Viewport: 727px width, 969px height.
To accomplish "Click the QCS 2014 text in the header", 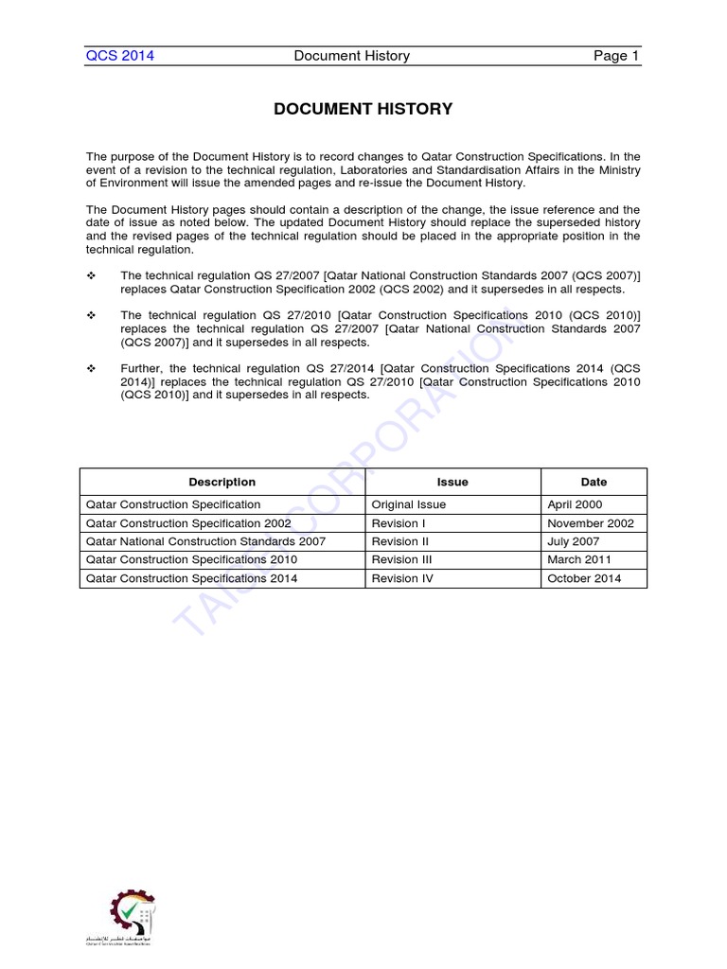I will point(120,56).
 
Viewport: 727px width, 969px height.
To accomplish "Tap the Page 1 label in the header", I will point(616,56).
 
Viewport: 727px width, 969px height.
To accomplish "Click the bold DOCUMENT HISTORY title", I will point(363,110).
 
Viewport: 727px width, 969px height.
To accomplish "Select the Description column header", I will point(222,482).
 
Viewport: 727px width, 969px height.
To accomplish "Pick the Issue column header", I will point(452,482).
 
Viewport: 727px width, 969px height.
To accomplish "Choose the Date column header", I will point(594,482).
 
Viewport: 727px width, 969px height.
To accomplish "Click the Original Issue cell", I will point(409,505).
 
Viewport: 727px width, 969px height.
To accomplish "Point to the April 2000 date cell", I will point(575,505).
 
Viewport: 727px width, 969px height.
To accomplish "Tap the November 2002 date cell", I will point(591,523).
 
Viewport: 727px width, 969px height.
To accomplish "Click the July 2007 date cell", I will point(573,541).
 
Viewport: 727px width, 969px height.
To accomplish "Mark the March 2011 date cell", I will point(579,560).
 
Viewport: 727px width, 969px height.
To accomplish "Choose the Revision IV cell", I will point(402,578).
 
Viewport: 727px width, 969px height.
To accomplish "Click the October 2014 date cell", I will point(584,578).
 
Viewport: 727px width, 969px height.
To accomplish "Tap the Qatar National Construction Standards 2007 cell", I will point(205,541).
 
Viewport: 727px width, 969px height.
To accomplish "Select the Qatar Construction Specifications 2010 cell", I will point(191,560).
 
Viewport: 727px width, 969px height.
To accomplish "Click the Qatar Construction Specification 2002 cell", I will point(188,523).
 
